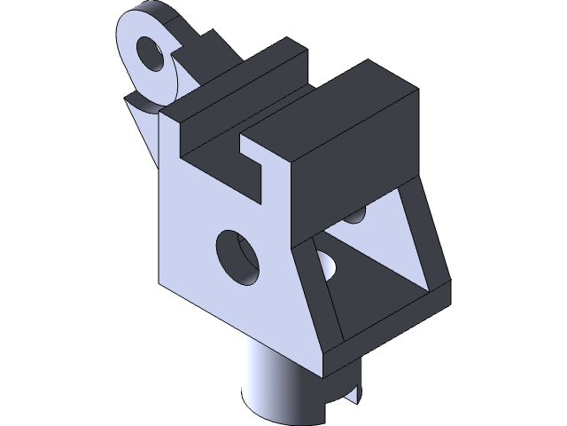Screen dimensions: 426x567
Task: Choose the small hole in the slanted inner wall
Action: point(329,264)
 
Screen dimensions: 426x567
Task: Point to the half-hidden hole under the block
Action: point(355,216)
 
